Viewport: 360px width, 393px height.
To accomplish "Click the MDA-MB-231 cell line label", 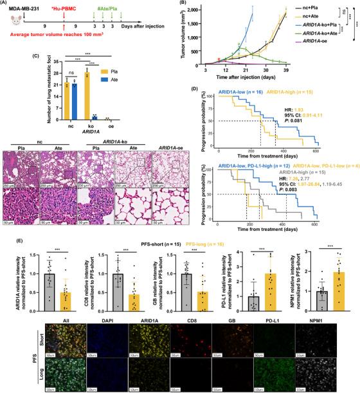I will click(x=26, y=10).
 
